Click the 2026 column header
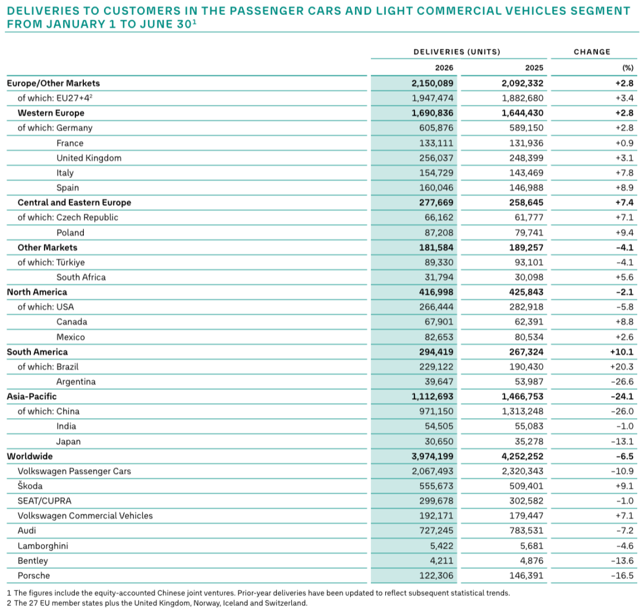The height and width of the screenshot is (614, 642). click(444, 68)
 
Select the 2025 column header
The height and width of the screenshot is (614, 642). click(534, 68)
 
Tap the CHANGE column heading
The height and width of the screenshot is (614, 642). click(592, 52)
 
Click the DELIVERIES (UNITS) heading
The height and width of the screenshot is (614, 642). click(457, 52)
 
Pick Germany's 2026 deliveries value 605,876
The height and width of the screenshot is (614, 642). click(436, 128)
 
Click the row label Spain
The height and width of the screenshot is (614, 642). click(68, 188)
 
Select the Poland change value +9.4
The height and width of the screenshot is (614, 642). click(624, 233)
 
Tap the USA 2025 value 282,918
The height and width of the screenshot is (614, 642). click(526, 307)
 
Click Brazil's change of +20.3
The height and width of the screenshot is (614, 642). click(622, 367)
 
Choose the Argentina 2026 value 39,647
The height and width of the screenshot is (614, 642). click(439, 382)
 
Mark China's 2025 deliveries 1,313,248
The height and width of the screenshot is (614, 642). click(523, 412)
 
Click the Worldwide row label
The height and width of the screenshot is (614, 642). click(30, 456)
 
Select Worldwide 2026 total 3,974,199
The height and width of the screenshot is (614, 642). click(433, 456)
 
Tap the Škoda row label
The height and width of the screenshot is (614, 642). click(30, 486)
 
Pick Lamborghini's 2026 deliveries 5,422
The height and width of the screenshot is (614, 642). click(442, 546)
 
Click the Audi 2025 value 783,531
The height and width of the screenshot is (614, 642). click(526, 530)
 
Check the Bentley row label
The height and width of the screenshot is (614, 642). click(33, 561)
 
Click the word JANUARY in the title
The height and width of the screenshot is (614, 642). click(75, 24)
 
